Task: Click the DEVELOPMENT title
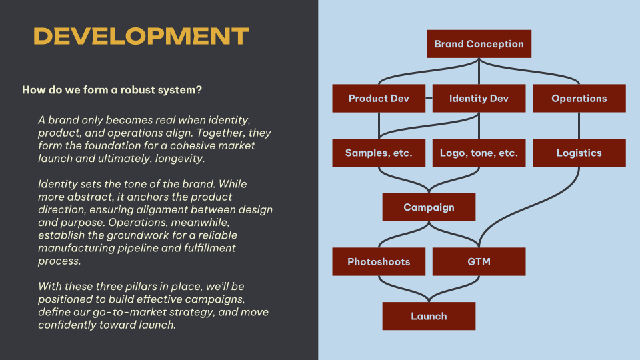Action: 141,36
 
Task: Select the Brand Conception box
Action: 479,44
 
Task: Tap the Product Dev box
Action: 379,99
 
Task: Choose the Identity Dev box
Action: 479,99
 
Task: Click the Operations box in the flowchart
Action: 579,99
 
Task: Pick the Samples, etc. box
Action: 379,153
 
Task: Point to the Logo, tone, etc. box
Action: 479,153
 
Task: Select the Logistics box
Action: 579,153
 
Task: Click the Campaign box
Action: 429,207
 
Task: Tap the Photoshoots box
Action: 379,261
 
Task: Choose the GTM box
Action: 479,261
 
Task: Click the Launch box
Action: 429,316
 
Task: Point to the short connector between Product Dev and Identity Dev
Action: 429,99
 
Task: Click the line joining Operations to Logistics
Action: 579,126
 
